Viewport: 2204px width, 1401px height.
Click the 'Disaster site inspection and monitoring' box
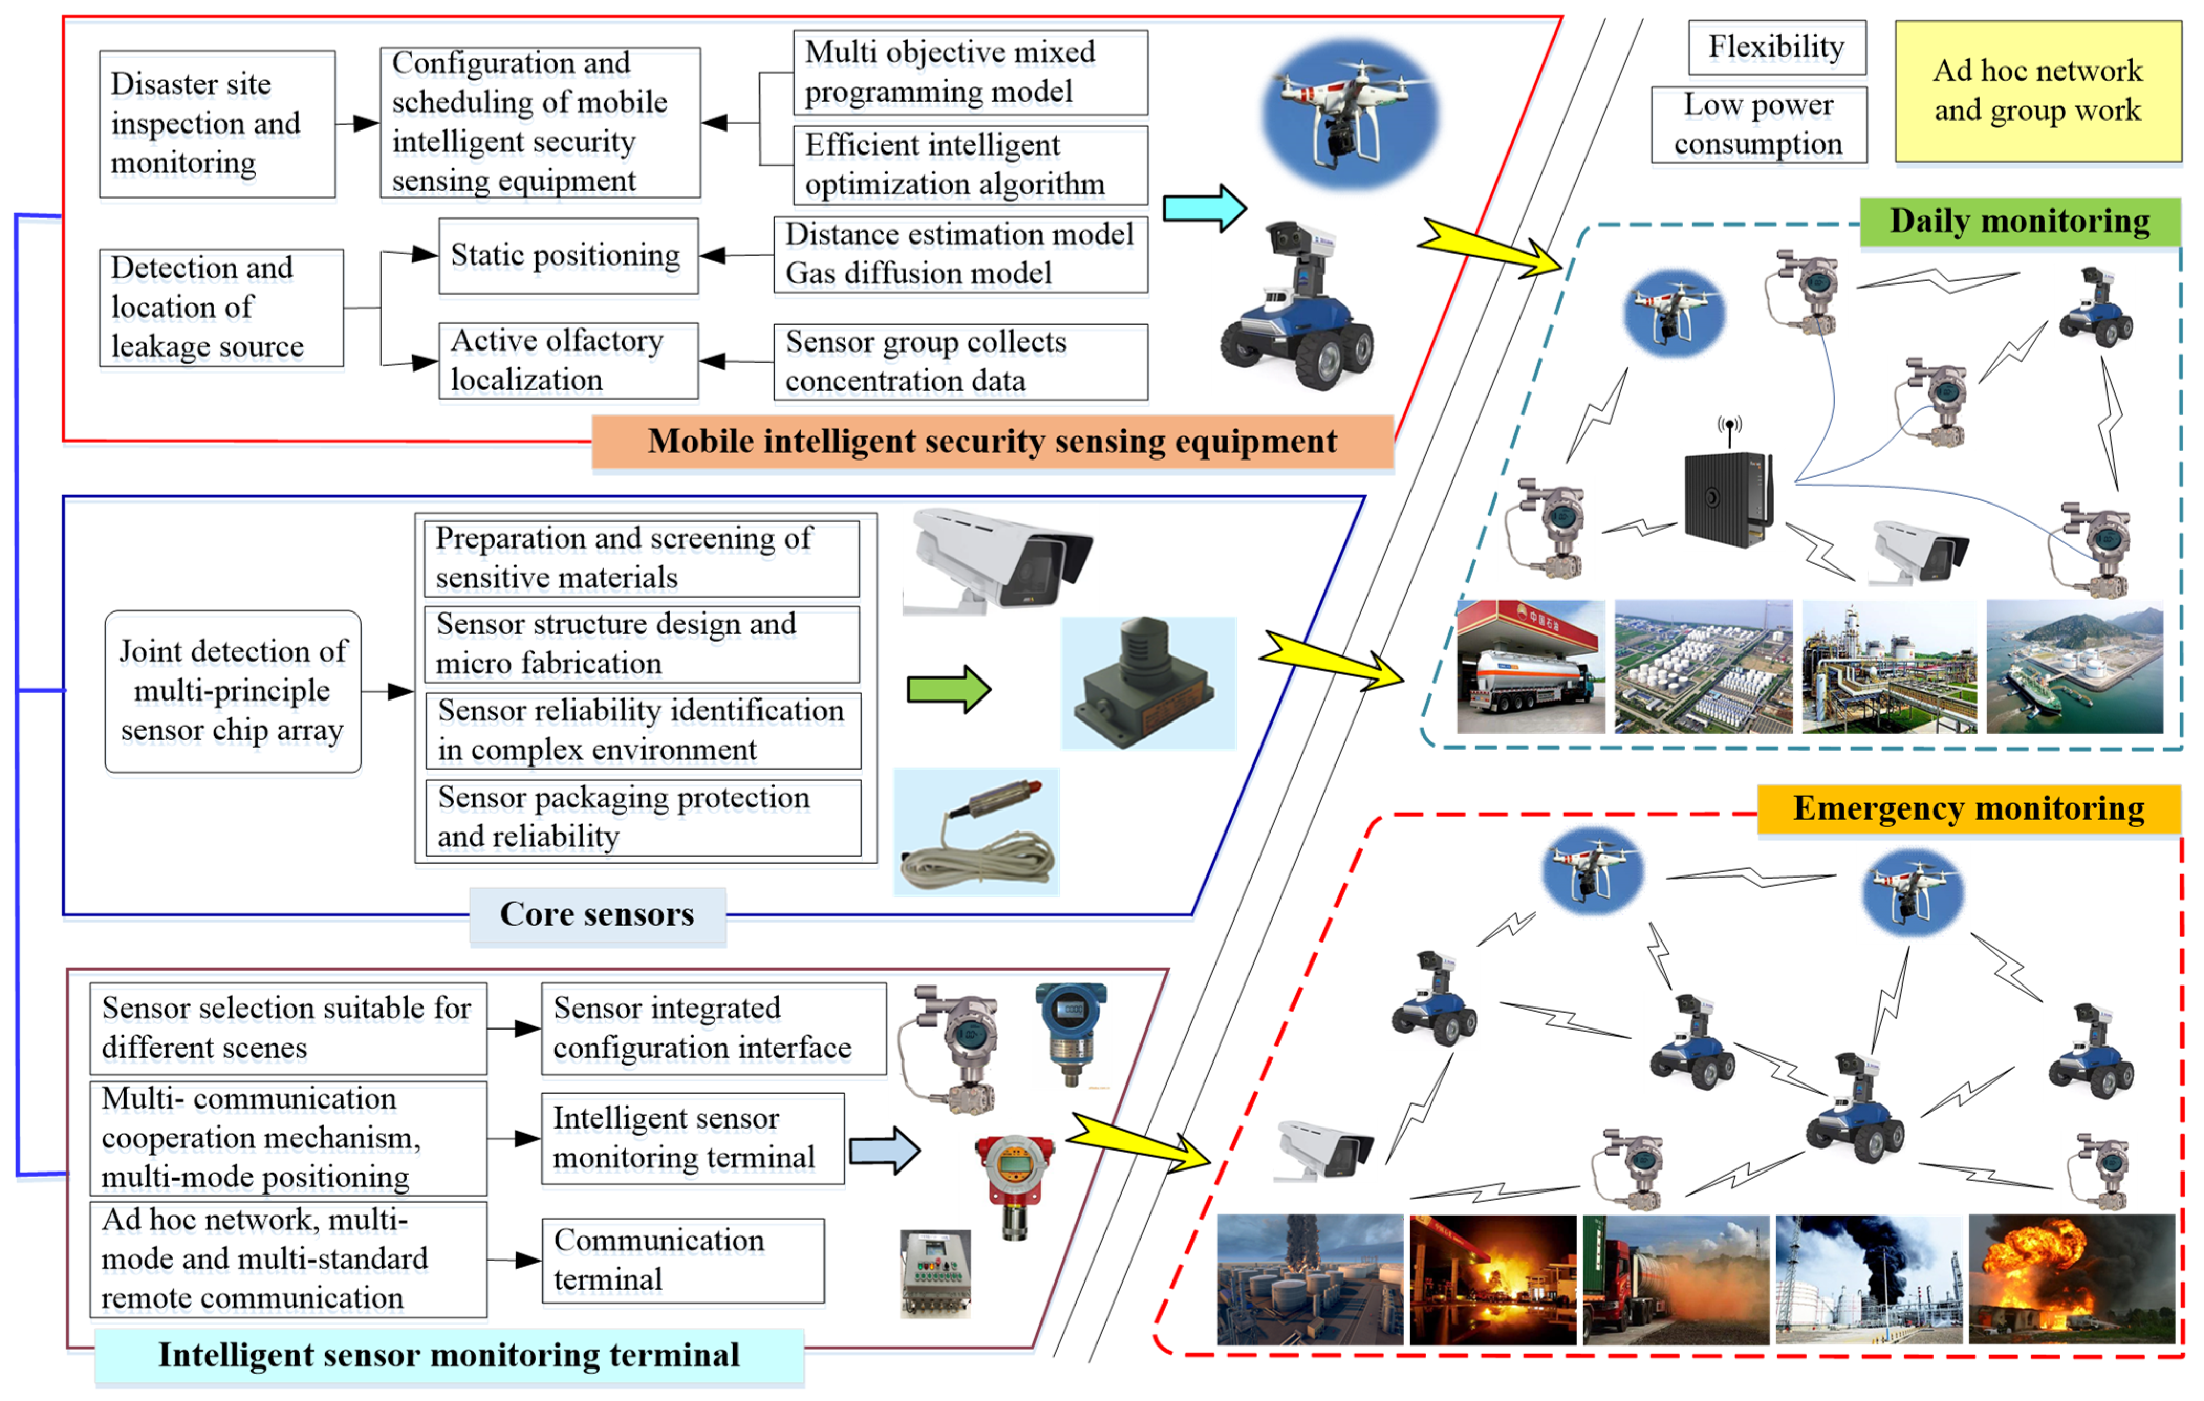point(217,124)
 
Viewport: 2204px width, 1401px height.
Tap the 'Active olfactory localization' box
point(568,360)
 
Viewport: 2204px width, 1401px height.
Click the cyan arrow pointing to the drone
point(1203,209)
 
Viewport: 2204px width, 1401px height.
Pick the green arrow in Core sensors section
point(948,689)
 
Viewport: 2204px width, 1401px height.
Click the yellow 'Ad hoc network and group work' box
point(2037,92)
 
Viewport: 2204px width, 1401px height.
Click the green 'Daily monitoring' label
point(2019,222)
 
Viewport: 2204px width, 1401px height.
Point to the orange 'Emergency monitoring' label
point(1968,809)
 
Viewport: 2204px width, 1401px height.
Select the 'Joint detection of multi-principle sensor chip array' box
point(233,691)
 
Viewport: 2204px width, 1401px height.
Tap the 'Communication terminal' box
point(682,1260)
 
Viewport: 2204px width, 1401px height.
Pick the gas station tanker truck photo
point(1530,666)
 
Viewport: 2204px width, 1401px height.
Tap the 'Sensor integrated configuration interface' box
point(713,1027)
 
